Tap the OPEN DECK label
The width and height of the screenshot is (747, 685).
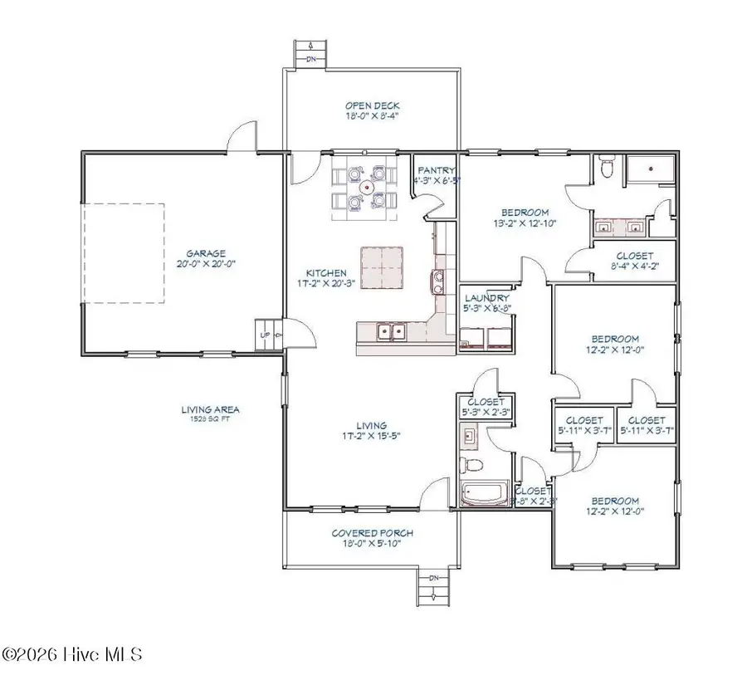pyautogui.click(x=373, y=105)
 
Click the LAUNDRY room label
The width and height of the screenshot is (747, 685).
pyautogui.click(x=486, y=298)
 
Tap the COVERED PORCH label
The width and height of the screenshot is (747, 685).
pyautogui.click(x=373, y=533)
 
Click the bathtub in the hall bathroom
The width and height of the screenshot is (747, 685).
pyautogui.click(x=485, y=496)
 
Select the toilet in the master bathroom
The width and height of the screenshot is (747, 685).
pyautogui.click(x=608, y=169)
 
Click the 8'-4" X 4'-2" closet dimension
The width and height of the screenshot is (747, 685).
pyautogui.click(x=633, y=267)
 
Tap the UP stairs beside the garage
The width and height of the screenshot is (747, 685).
pyautogui.click(x=266, y=335)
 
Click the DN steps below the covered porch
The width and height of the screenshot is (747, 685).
pyautogui.click(x=432, y=589)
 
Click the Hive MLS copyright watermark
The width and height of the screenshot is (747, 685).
pyautogui.click(x=72, y=655)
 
